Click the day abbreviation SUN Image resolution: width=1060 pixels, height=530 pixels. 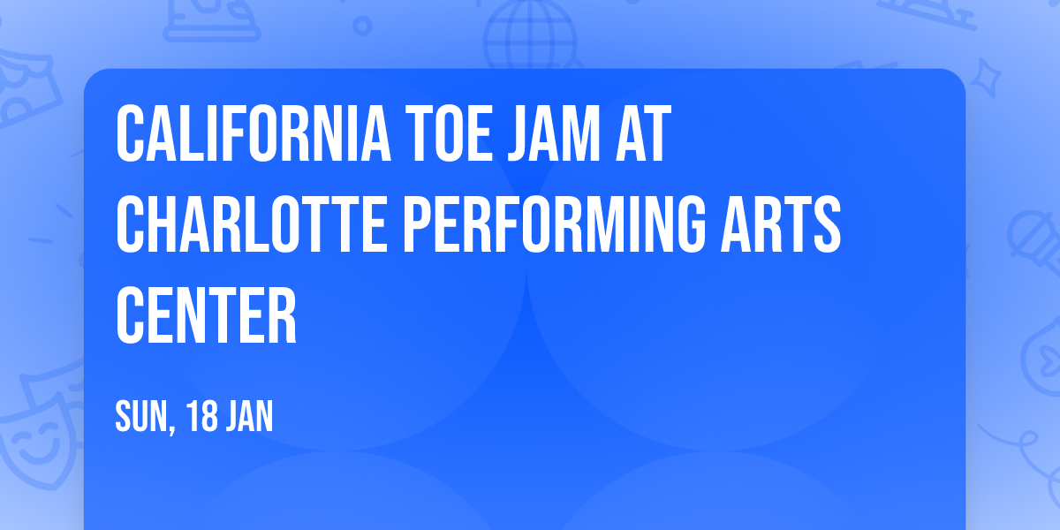coord(141,417)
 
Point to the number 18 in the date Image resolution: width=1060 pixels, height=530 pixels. coord(202,417)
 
